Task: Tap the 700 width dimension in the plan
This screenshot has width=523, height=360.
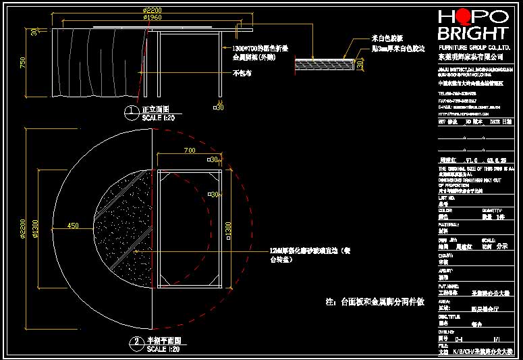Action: pyautogui.click(x=188, y=149)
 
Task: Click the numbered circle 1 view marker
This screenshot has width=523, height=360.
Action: pyautogui.click(x=132, y=112)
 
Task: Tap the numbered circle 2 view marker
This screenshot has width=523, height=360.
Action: pyautogui.click(x=136, y=343)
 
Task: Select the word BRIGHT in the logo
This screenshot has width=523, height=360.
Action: pyautogui.click(x=472, y=33)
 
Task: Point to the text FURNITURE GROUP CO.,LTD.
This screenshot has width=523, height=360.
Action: pyautogui.click(x=474, y=49)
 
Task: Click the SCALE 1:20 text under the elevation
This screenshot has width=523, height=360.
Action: pyautogui.click(x=159, y=117)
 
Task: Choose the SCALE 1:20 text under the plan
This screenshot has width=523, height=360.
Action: pyautogui.click(x=163, y=349)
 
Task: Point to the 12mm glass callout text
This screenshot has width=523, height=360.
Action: pyautogui.click(x=308, y=254)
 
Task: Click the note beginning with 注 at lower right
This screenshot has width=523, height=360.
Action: pyautogui.click(x=375, y=302)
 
